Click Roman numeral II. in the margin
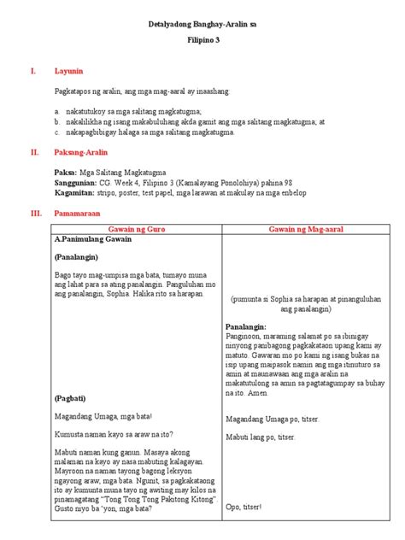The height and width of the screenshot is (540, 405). (35, 151)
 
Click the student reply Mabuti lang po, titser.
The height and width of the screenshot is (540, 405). (261, 437)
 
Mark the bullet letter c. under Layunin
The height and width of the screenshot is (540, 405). (56, 132)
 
